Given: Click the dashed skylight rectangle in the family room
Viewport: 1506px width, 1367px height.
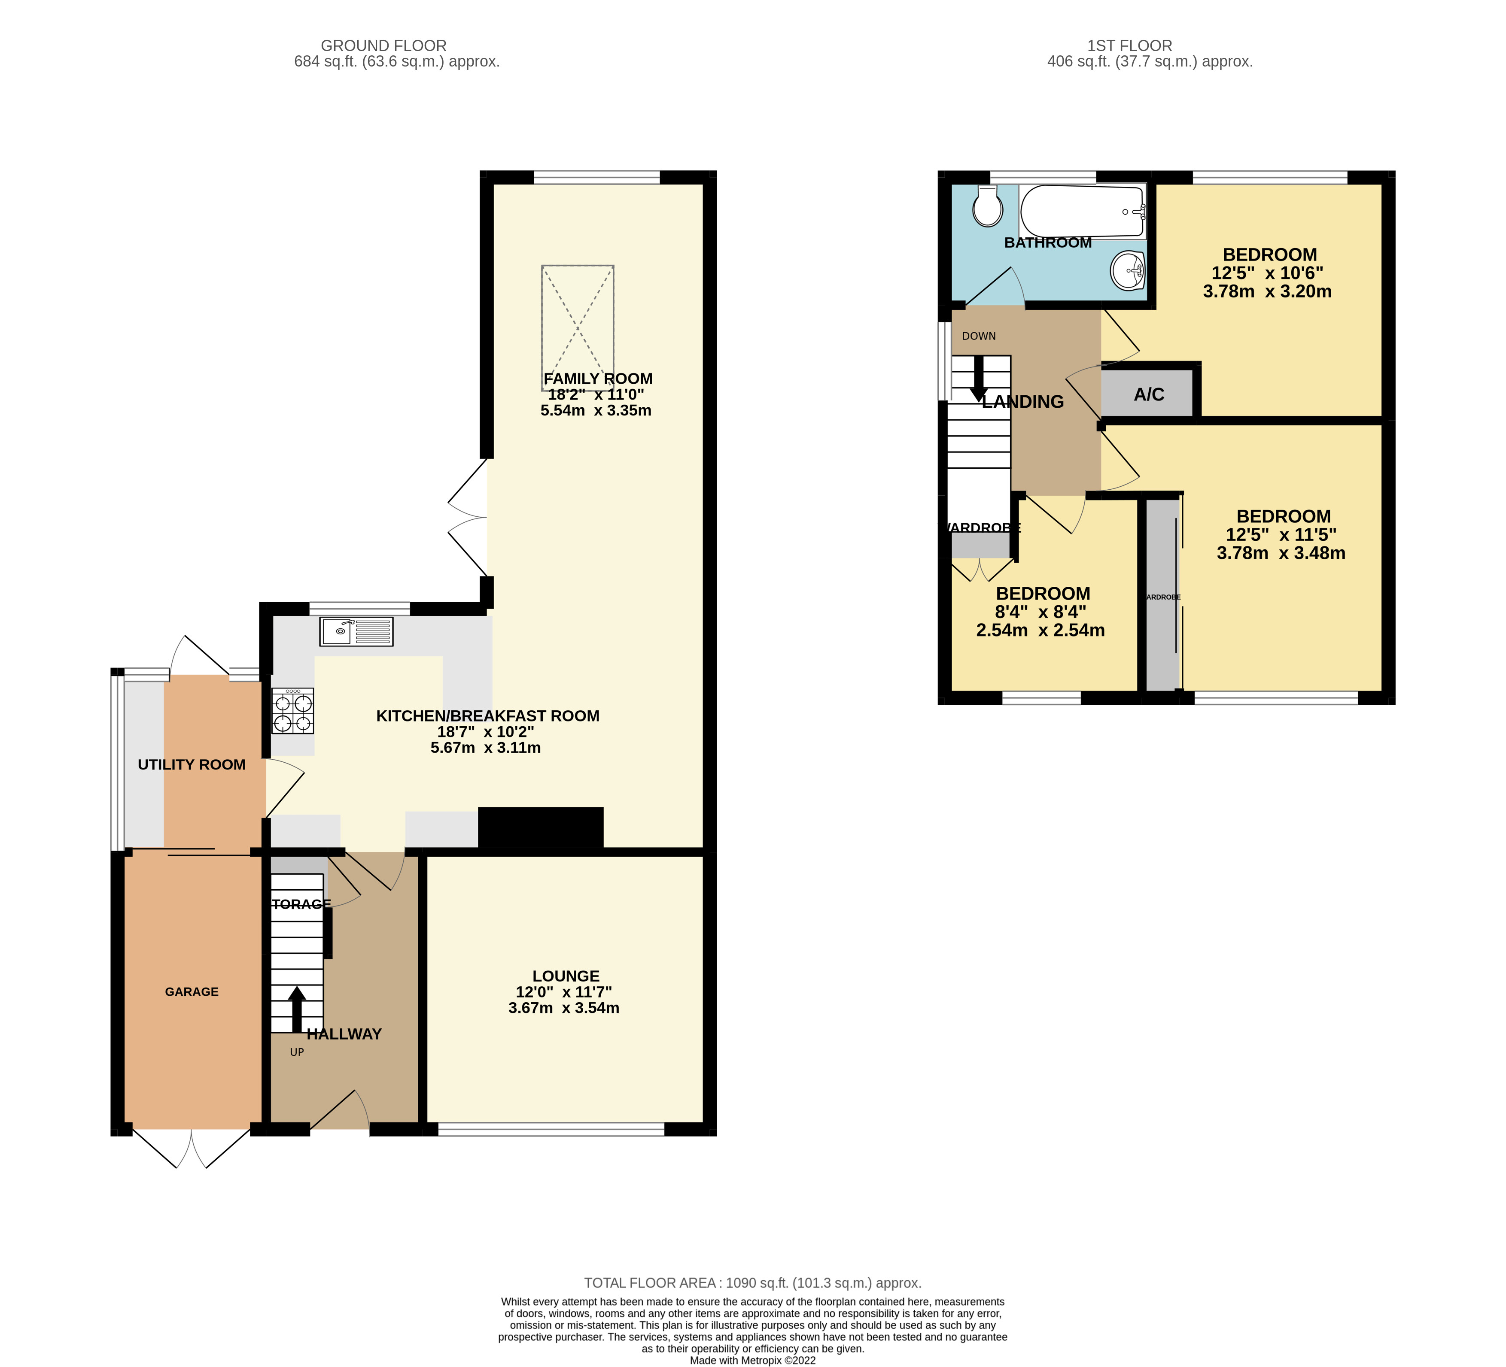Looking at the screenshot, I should [x=578, y=328].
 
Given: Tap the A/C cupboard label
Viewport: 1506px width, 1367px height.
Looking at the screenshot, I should [x=1149, y=394].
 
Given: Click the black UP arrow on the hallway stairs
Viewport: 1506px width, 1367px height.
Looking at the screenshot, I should [x=297, y=1008].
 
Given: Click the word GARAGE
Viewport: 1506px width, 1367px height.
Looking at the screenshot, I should [x=192, y=991].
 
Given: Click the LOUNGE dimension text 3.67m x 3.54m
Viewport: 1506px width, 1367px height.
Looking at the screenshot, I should [x=564, y=1008].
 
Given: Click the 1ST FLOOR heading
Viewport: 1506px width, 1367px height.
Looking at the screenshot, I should [x=1129, y=45].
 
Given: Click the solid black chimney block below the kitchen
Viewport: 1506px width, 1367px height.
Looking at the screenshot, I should [x=540, y=827].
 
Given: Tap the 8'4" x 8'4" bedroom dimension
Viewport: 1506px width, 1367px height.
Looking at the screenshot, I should [x=1040, y=612].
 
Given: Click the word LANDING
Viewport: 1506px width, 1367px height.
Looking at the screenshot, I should [x=1022, y=402].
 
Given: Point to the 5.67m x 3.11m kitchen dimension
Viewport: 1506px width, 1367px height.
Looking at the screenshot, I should [x=486, y=747].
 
